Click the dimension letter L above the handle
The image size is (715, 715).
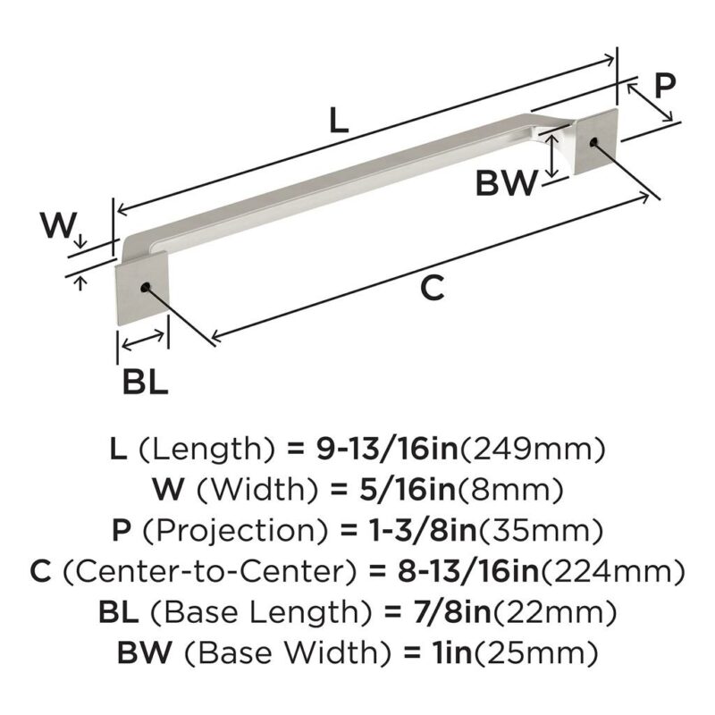coord(339,119)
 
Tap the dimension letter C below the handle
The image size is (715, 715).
coord(432,287)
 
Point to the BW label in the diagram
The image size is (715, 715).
coord(506,183)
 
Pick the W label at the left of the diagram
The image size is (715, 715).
coord(56,224)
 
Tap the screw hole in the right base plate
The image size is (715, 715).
coord(593,142)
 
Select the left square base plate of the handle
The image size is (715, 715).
coord(142,294)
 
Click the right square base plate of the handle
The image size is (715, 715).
coord(595,141)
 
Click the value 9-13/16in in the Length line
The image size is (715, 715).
coord(387,449)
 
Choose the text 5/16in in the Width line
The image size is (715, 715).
coord(408,489)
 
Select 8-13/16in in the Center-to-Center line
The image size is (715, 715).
coord(468,571)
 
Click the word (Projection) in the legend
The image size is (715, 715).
coord(236,530)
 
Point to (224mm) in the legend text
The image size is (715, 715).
coord(613,571)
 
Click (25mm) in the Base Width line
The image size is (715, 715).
coord(536,653)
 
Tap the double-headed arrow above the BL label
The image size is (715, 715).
coord(143,341)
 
